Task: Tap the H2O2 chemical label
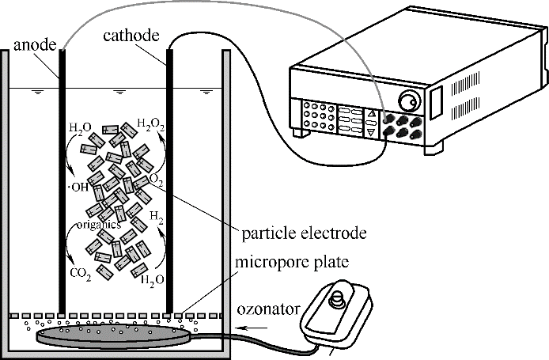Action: pos(151,123)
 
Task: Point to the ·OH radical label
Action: pos(79,187)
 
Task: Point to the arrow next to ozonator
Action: pos(253,325)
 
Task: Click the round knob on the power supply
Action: pos(409,103)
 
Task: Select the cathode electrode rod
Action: pos(169,182)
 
